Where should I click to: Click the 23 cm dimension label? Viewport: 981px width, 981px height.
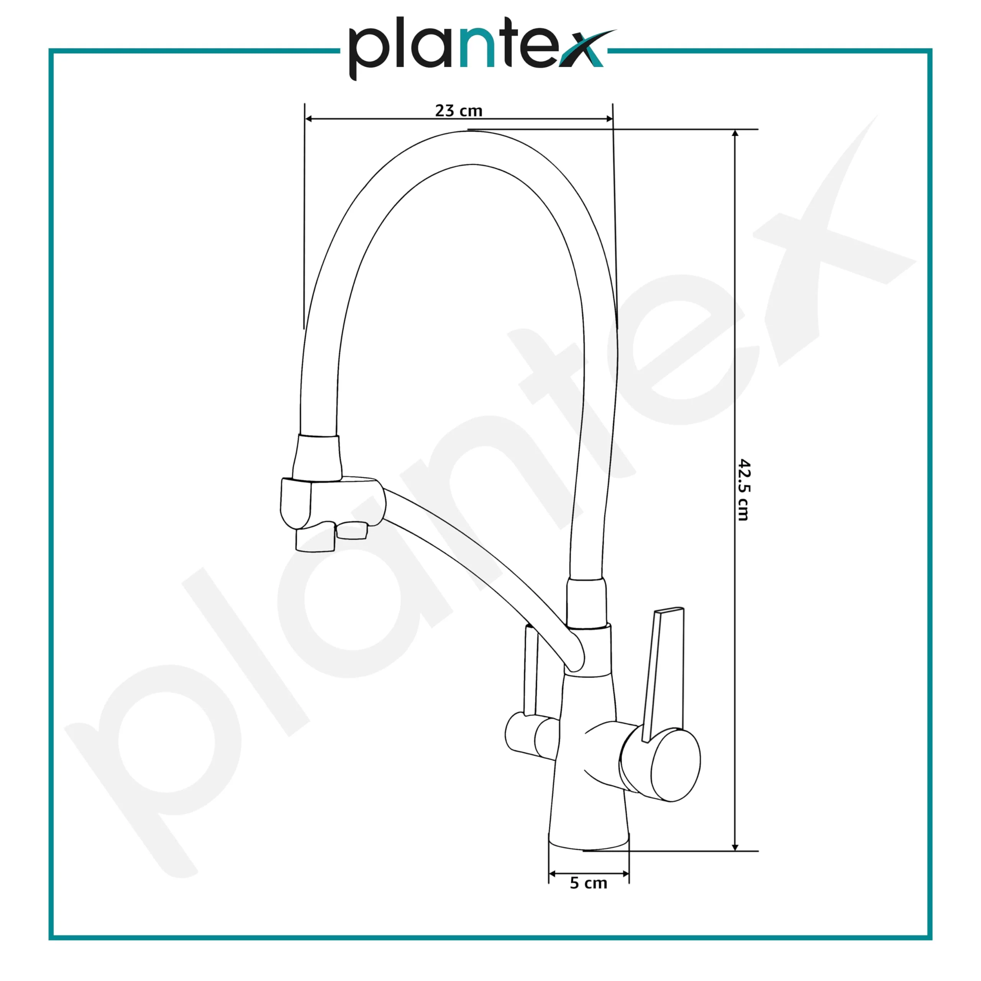pyautogui.click(x=459, y=110)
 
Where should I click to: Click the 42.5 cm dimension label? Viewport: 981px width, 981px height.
pyautogui.click(x=743, y=490)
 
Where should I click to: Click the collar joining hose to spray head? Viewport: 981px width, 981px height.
pyautogui.click(x=317, y=457)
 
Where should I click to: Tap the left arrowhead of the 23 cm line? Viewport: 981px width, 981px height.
pyautogui.click(x=308, y=119)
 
